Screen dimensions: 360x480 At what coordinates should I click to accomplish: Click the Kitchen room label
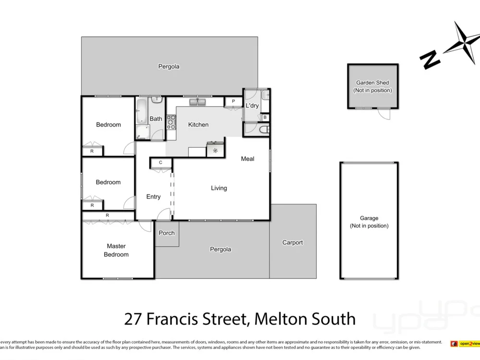coord(198,125)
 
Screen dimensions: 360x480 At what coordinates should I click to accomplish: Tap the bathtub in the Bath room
coord(142,111)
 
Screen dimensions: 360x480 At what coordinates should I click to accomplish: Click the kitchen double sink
coord(198,102)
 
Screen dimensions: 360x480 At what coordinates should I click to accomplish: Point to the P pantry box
coord(233,102)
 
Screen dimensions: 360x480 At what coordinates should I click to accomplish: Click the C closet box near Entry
coord(161,163)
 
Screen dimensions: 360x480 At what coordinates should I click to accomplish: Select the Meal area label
coord(248,159)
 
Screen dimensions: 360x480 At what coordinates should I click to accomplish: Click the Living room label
coord(219,188)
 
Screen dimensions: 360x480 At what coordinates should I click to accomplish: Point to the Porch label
coord(167,233)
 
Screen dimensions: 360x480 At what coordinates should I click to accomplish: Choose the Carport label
coord(292,243)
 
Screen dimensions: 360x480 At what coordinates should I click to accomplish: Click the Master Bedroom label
coord(116,250)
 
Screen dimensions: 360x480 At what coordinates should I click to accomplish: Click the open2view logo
coord(465,343)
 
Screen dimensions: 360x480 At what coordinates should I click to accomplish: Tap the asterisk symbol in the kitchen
coord(216,151)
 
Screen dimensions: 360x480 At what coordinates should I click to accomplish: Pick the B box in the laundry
coord(265,117)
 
